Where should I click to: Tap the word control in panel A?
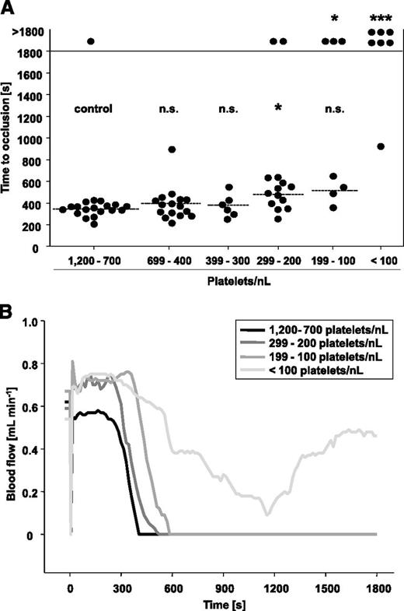point(94,109)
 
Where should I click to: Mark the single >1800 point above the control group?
point(91,41)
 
